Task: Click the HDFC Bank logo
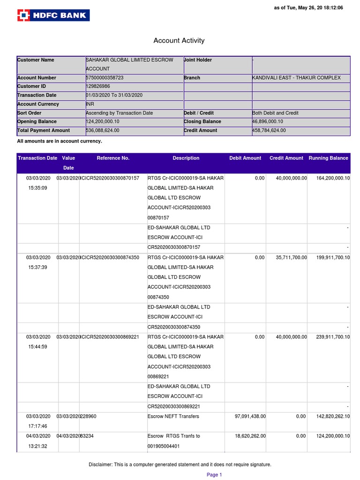53,15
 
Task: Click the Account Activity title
179,41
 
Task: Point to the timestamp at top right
308,8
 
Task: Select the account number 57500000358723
105,78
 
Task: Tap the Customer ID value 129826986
98,87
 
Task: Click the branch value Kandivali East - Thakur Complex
296,78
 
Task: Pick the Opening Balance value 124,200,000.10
103,122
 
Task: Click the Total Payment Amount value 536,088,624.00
103,131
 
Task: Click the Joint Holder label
198,60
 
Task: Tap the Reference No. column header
113,158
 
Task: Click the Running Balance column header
328,158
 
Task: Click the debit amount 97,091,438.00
250,416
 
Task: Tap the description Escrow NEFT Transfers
173,416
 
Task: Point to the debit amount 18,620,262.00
250,436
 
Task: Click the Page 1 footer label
214,475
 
